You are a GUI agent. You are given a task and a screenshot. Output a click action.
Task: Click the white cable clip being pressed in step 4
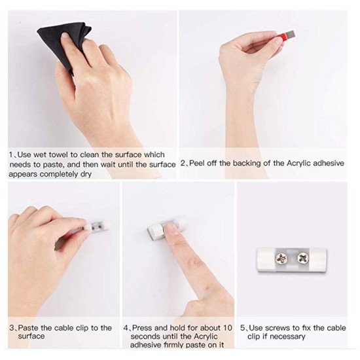pyautogui.click(x=160, y=228)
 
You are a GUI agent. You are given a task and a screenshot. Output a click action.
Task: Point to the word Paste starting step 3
pyautogui.click(x=30, y=327)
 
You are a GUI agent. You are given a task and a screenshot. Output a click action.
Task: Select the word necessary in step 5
pyautogui.click(x=286, y=336)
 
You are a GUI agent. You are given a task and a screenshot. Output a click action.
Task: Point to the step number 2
pyautogui.click(x=183, y=163)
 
